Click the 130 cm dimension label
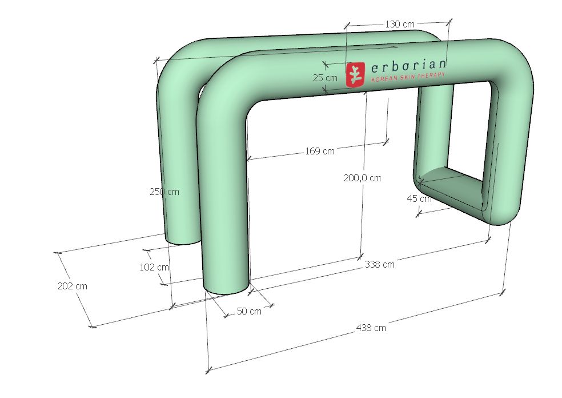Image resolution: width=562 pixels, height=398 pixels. click(400, 24)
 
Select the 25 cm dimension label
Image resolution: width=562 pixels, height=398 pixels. click(325, 78)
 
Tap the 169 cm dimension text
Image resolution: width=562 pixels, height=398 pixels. click(320, 151)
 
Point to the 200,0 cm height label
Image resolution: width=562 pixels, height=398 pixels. click(362, 178)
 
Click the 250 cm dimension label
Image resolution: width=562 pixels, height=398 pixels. click(164, 192)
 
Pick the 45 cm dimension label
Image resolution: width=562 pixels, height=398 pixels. click(419, 198)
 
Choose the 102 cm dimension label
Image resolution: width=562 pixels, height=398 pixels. click(154, 267)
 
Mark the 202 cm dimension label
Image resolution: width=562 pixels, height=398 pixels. click(73, 286)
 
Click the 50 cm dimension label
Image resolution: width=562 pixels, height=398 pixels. click(249, 311)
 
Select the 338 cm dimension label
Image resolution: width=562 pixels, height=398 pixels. click(380, 265)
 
